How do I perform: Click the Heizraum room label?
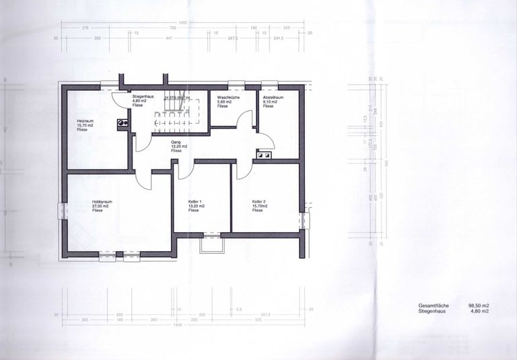[x=84, y=120]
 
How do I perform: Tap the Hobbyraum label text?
[x=102, y=201]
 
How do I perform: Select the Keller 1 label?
[x=196, y=201]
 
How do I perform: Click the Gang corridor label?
[x=176, y=142]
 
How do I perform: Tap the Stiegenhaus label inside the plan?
[x=144, y=96]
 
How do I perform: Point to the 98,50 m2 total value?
[x=478, y=305]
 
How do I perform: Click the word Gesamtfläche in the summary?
[x=423, y=305]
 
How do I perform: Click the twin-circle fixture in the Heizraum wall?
[x=122, y=123]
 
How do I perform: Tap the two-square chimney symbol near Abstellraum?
[x=263, y=155]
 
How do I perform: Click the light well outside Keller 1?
[x=211, y=244]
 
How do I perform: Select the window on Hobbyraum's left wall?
[x=64, y=211]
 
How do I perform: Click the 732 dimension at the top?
[x=172, y=28]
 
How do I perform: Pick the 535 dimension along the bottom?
[x=258, y=320]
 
